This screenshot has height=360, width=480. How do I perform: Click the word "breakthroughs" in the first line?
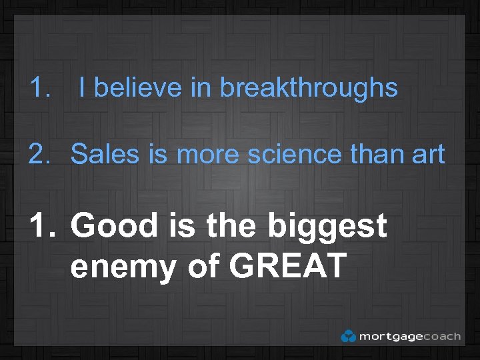tap(309, 88)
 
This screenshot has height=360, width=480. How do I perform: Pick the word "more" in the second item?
tap(207, 154)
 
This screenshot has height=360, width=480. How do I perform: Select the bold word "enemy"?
tap(123, 267)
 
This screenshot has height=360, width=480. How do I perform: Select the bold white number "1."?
tap(43, 225)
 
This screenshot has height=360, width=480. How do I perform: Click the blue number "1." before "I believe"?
tap(41, 88)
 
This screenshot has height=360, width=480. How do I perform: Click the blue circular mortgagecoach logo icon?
tap(348, 336)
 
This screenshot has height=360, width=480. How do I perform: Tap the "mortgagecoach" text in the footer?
tap(409, 336)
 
